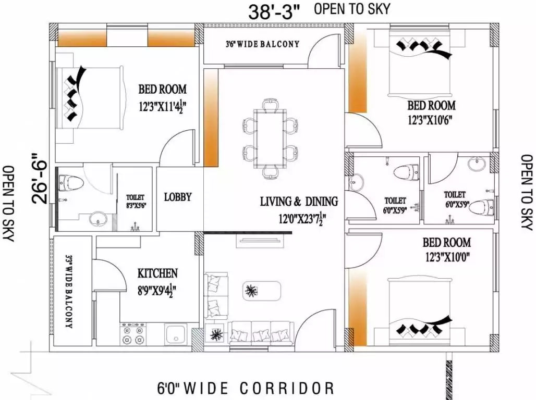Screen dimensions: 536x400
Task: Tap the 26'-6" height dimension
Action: pyautogui.click(x=39, y=179)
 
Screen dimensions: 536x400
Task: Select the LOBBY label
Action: pyautogui.click(x=178, y=197)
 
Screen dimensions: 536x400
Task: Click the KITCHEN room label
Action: pyautogui.click(x=157, y=273)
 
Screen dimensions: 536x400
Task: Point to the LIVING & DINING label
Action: pyautogui.click(x=299, y=201)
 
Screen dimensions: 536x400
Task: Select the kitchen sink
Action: pyautogui.click(x=176, y=334)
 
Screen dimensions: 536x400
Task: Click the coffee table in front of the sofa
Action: pyautogui.click(x=262, y=291)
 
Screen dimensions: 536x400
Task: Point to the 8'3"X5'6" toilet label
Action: pyautogui.click(x=136, y=206)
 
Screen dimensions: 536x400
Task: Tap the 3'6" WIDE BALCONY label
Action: pyautogui.click(x=263, y=44)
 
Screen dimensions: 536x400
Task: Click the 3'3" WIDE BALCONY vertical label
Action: pyautogui.click(x=69, y=291)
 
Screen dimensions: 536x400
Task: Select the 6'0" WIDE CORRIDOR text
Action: pyautogui.click(x=246, y=389)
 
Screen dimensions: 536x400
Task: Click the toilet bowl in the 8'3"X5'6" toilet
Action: pyautogui.click(x=71, y=183)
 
